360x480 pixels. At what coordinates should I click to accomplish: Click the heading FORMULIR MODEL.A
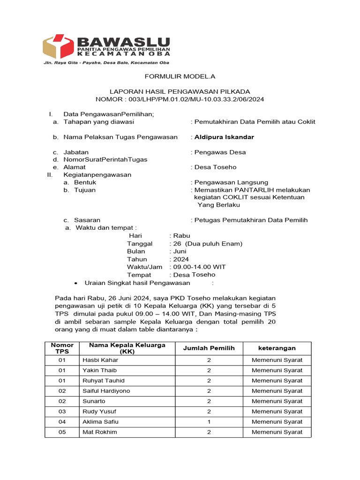pos(180,76)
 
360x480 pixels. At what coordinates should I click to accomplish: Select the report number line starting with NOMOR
pos(180,99)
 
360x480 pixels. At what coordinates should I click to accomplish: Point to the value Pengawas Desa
pos(220,152)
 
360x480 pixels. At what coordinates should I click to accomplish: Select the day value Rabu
pos(181,236)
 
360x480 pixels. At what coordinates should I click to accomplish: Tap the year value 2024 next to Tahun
pos(181,259)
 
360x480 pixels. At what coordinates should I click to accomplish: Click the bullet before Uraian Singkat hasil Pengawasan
pos(76,283)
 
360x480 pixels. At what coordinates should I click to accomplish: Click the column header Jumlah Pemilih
pos(209,348)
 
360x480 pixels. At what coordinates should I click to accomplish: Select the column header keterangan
pos(277,348)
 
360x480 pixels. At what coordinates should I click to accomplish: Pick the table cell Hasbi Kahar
pos(100,360)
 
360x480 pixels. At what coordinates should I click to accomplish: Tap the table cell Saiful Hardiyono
pos(106,390)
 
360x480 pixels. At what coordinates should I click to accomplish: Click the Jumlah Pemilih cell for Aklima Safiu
pos(209,421)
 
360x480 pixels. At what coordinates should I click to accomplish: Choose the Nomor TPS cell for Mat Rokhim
pos(62,432)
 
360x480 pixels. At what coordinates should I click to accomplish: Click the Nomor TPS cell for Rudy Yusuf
pos(62,411)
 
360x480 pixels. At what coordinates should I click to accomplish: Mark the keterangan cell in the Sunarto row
pos(277,401)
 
